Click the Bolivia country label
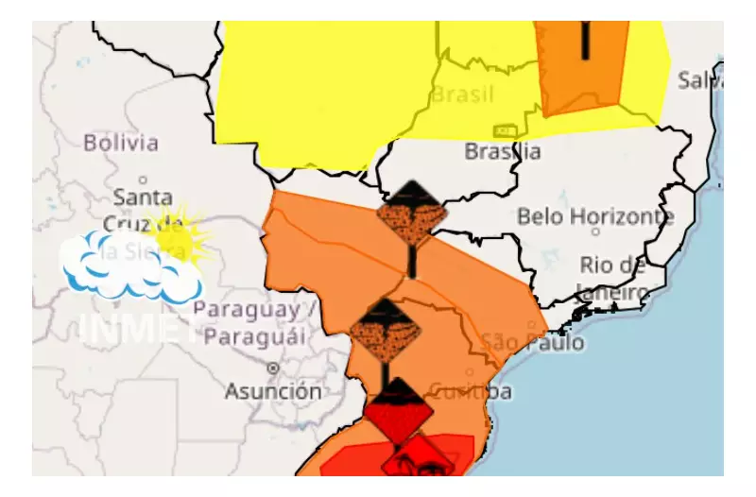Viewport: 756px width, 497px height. click(121, 144)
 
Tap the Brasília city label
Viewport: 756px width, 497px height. click(503, 151)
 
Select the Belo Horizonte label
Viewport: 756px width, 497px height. click(595, 216)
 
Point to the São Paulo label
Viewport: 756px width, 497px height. click(532, 342)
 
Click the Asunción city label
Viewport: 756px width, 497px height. click(273, 389)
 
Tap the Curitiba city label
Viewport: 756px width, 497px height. click(471, 390)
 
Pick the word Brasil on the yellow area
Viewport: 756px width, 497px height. click(463, 94)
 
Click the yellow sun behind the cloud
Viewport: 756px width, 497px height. click(180, 233)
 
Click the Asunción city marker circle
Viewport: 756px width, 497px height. click(273, 367)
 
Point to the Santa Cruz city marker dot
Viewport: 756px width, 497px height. click(143, 180)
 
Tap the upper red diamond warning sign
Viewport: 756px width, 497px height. click(398, 409)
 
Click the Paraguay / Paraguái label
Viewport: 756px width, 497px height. click(249, 323)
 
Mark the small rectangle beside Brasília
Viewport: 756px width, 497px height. click(504, 130)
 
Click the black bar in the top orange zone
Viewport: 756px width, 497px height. click(586, 38)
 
